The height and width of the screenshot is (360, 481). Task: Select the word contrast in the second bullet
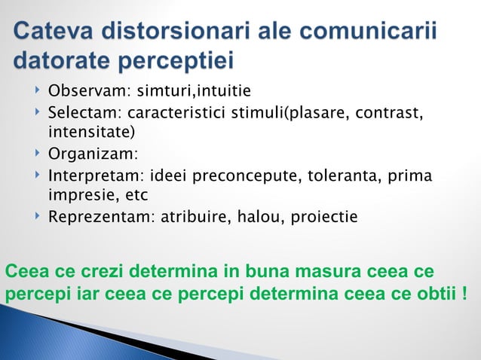pos(390,114)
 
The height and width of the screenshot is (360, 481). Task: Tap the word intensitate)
pos(87,133)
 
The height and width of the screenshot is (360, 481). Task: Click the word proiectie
pos(325,218)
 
